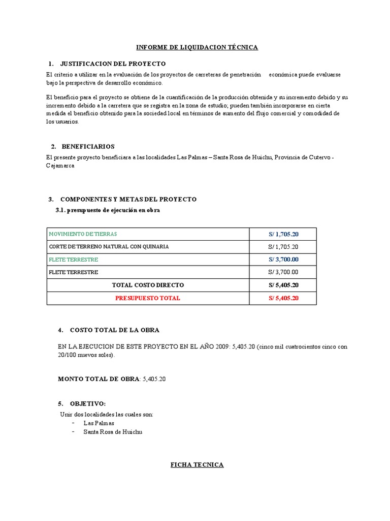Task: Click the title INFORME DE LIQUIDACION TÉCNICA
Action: pyautogui.click(x=197, y=47)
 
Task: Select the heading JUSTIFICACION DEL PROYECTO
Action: pyautogui.click(x=113, y=64)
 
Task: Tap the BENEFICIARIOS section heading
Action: pyautogui.click(x=88, y=147)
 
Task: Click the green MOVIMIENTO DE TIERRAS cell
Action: pyautogui.click(x=83, y=234)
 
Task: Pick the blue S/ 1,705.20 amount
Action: pyautogui.click(x=283, y=234)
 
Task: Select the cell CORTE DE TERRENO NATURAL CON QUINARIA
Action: pyautogui.click(x=109, y=247)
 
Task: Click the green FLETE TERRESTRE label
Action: pyautogui.click(x=74, y=259)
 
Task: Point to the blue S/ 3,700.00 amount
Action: pyautogui.click(x=283, y=259)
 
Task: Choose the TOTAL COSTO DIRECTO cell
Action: pyautogui.click(x=148, y=285)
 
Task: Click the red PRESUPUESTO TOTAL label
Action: pyautogui.click(x=148, y=298)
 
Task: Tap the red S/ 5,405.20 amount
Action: pyautogui.click(x=283, y=298)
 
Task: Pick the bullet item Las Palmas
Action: pyautogui.click(x=99, y=423)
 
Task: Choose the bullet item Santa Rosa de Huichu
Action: pyautogui.click(x=113, y=431)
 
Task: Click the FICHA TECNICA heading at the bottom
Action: pyautogui.click(x=197, y=465)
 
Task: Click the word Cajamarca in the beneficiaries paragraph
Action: pyautogui.click(x=60, y=166)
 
